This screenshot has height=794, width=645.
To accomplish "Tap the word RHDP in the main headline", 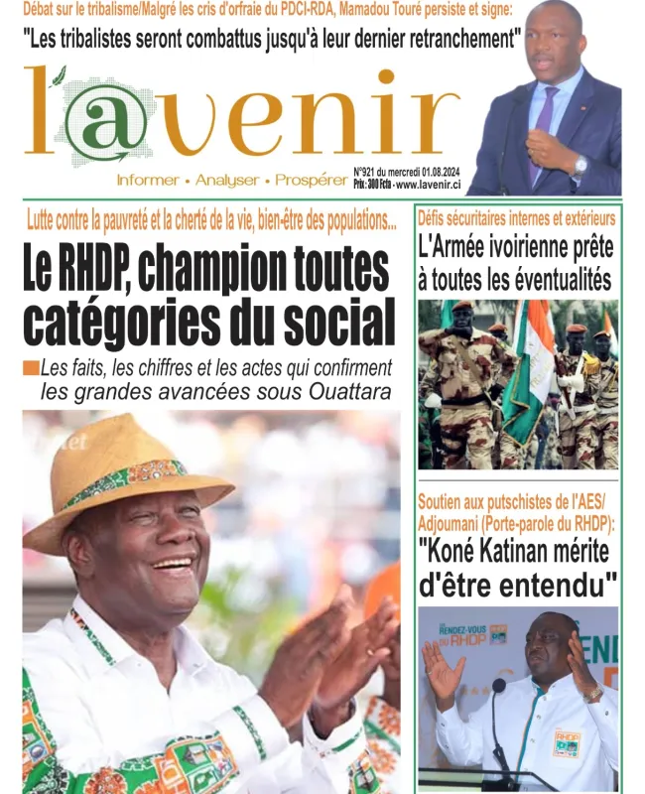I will (x=126, y=271).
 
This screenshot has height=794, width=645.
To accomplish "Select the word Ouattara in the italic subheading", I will (x=345, y=391).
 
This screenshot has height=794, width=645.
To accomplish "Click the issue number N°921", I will (x=367, y=171).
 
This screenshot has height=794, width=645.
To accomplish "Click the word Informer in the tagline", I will (x=147, y=181).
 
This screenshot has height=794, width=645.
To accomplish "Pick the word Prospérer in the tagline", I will (x=310, y=181).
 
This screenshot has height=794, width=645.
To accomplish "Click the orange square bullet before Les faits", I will (x=31, y=368).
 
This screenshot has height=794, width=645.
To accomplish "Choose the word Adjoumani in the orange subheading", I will (x=456, y=523).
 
